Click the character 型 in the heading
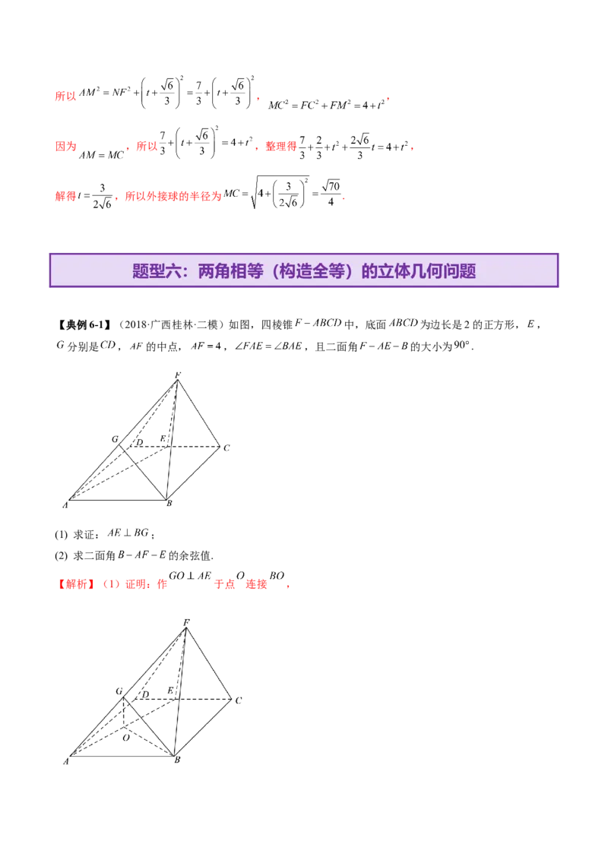157,271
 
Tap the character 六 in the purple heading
173,271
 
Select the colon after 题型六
188,271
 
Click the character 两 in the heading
206,271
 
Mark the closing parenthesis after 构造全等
355,271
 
